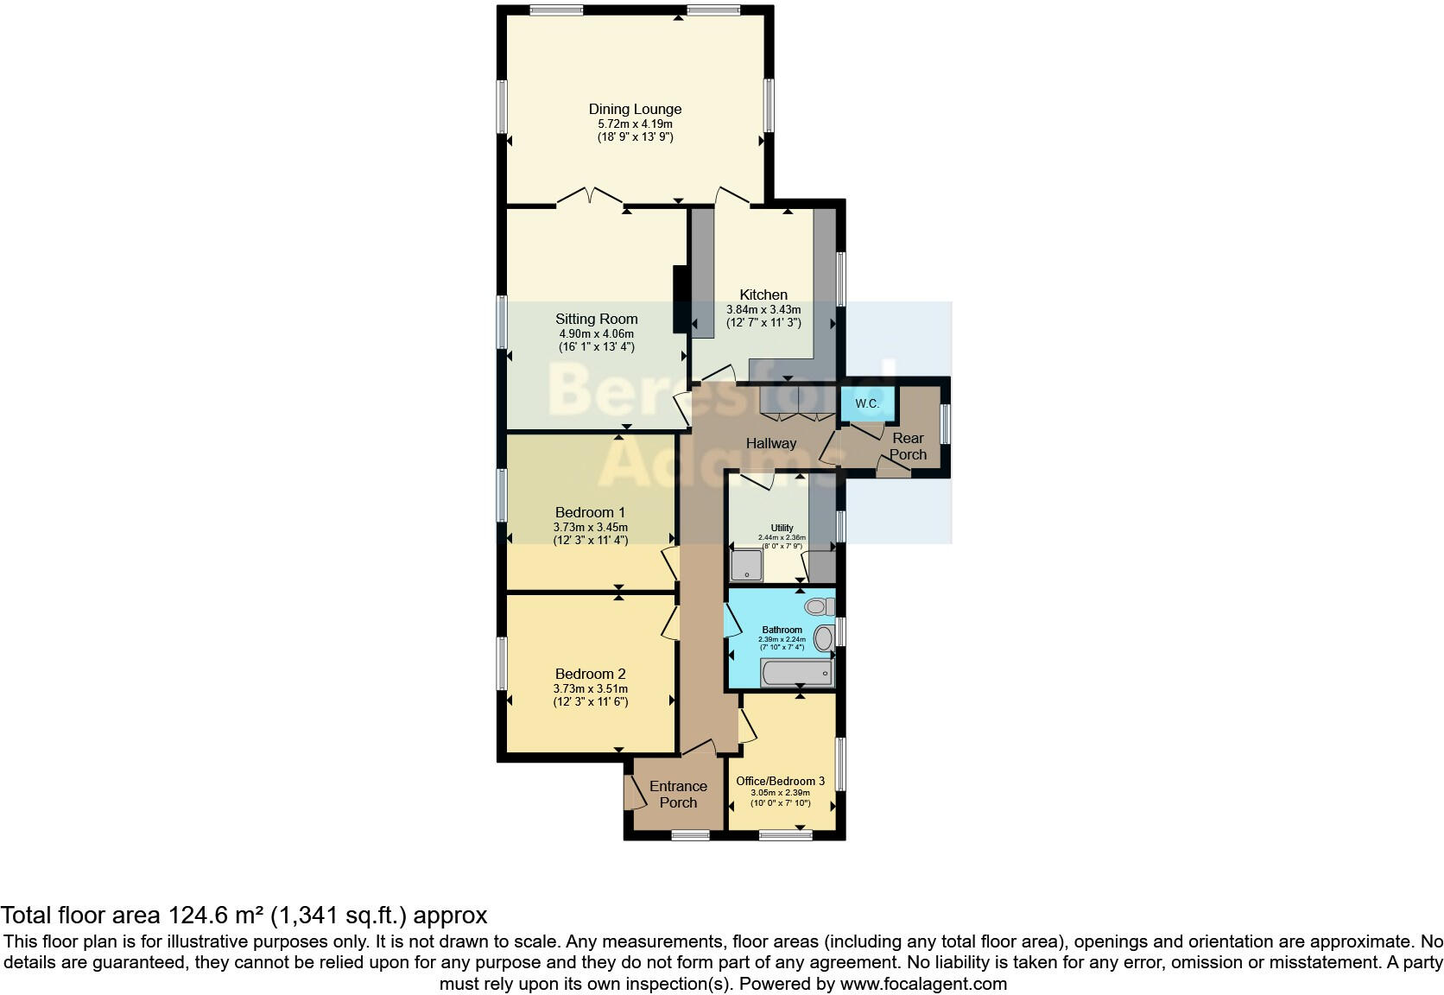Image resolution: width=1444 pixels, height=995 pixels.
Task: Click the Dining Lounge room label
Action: pyautogui.click(x=635, y=109)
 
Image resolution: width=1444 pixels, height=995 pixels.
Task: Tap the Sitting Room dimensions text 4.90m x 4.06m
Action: pyautogui.click(x=596, y=333)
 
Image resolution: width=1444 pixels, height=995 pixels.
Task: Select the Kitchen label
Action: pyautogui.click(x=763, y=295)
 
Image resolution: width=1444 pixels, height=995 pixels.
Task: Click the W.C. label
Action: pyautogui.click(x=867, y=404)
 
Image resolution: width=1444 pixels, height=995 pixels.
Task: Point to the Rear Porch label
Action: pyautogui.click(x=908, y=447)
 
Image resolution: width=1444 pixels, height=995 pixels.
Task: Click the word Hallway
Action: pyautogui.click(x=771, y=443)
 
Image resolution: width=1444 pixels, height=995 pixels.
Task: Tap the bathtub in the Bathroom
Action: pyautogui.click(x=796, y=673)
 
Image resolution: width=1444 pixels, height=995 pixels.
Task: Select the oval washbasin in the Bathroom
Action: pyautogui.click(x=824, y=639)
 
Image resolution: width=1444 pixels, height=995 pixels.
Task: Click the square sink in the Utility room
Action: pyautogui.click(x=746, y=566)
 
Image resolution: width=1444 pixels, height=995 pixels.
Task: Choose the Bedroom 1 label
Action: pyautogui.click(x=590, y=512)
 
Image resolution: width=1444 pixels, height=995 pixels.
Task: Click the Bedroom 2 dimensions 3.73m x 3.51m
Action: pyautogui.click(x=590, y=688)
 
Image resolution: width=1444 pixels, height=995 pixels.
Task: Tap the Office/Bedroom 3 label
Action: pyautogui.click(x=780, y=781)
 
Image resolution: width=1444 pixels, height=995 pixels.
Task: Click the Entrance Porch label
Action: pyautogui.click(x=678, y=794)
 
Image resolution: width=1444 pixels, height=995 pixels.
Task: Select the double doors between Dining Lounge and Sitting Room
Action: pyautogui.click(x=588, y=198)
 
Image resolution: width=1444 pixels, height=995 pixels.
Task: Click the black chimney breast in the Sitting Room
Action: pyautogui.click(x=680, y=299)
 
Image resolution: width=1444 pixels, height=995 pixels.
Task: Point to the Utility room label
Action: pyautogui.click(x=782, y=528)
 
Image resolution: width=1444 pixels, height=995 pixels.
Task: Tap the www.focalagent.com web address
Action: pyautogui.click(x=923, y=983)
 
